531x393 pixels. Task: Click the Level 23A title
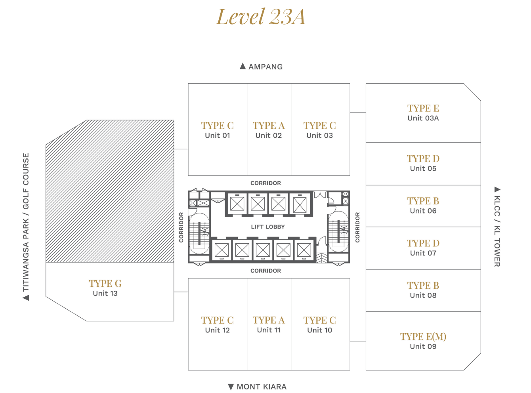260,17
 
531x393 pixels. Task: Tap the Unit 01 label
218,135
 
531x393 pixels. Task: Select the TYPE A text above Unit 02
269,126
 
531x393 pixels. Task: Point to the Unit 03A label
423,118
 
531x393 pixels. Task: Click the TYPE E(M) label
423,336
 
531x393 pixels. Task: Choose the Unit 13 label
105,294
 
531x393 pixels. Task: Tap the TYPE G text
105,284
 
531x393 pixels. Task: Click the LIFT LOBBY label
267,227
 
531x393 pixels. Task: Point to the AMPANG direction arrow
243,66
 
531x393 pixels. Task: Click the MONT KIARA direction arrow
231,387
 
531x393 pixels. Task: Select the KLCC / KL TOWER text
497,231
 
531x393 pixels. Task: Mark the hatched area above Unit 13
110,191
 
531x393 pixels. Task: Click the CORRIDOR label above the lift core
265,183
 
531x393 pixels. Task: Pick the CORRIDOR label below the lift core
265,271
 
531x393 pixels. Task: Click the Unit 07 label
423,253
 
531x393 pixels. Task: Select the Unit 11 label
269,330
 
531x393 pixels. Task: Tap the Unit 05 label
423,168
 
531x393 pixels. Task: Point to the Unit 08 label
423,296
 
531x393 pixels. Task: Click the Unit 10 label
320,330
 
